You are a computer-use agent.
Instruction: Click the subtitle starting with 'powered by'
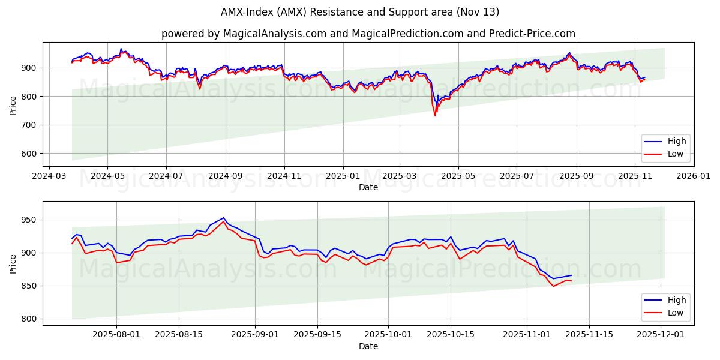(x=368, y=34)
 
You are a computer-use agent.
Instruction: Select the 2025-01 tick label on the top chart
(x=343, y=176)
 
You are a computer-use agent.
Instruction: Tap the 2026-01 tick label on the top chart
(x=693, y=176)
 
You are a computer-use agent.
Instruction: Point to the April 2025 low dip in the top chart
(x=435, y=115)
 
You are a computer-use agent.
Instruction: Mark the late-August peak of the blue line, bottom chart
(x=223, y=218)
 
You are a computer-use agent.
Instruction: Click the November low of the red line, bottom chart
(x=554, y=286)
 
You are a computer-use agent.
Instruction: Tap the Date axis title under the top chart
(x=368, y=187)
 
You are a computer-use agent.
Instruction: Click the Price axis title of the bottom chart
(x=13, y=263)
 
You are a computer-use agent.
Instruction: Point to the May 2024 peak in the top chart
(x=121, y=49)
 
